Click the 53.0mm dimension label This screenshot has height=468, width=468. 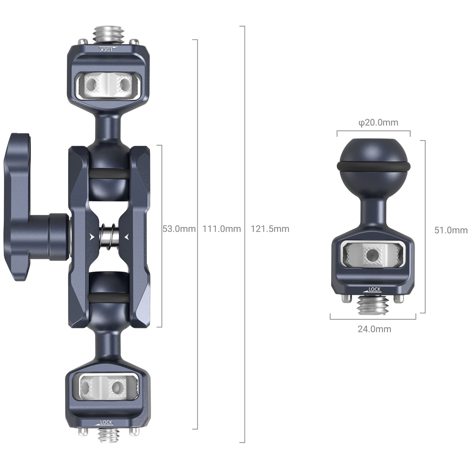[179, 229]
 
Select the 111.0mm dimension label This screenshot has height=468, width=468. [222, 229]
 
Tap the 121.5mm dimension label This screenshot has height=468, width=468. [270, 229]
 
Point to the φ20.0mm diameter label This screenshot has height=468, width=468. [378, 122]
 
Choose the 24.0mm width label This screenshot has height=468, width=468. [374, 329]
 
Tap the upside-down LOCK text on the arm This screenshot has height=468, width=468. [107, 49]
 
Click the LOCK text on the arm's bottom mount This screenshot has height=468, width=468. [106, 422]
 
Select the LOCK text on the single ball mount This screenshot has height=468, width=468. [374, 289]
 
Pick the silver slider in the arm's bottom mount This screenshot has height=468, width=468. [108, 387]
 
